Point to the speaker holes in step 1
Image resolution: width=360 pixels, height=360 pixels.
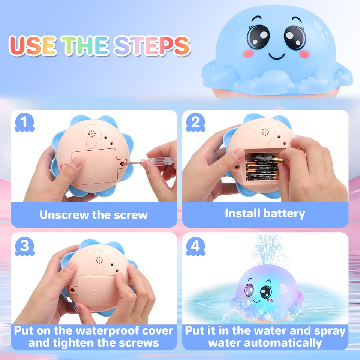click(x=91, y=134)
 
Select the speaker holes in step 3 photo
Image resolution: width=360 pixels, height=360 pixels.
click(x=99, y=259)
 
